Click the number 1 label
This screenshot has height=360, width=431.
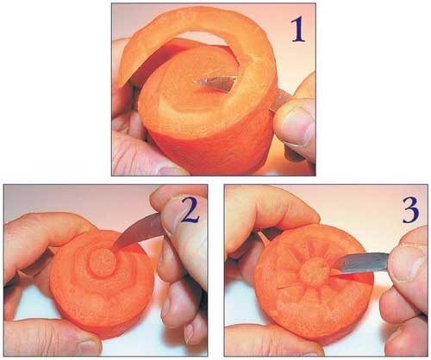tap(297, 29)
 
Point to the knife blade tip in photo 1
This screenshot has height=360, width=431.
tap(194, 82)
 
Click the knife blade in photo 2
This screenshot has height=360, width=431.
tap(139, 232)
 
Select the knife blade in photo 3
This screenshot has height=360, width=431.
tap(363, 262)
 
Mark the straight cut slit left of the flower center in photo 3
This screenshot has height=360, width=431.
tap(289, 288)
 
